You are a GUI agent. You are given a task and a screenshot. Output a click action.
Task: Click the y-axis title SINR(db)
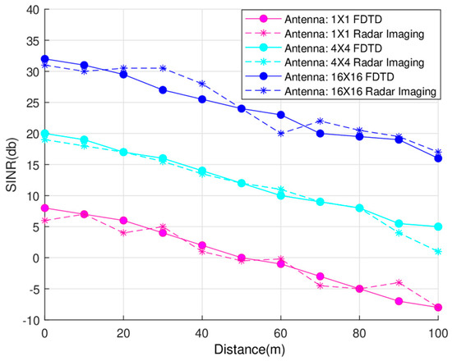pyautogui.click(x=11, y=165)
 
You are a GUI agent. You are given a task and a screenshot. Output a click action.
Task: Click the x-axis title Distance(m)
pyautogui.click(x=242, y=350)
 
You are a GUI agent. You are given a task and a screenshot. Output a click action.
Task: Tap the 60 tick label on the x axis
pyautogui.click(x=280, y=334)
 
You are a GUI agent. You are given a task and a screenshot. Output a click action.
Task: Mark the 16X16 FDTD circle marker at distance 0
pyautogui.click(x=44, y=59)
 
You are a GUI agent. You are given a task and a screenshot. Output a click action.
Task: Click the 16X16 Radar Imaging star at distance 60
pyautogui.click(x=280, y=133)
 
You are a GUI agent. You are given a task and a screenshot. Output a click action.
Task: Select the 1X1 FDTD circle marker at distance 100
pyautogui.click(x=438, y=308)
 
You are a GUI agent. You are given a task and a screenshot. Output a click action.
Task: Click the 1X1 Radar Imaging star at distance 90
pyautogui.click(x=399, y=282)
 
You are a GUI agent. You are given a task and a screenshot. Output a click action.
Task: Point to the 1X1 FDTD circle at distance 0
pyautogui.click(x=44, y=208)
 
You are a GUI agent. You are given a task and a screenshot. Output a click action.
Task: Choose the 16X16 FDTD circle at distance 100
pyautogui.click(x=438, y=158)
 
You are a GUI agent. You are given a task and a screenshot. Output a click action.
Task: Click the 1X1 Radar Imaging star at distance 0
pyautogui.click(x=44, y=220)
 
